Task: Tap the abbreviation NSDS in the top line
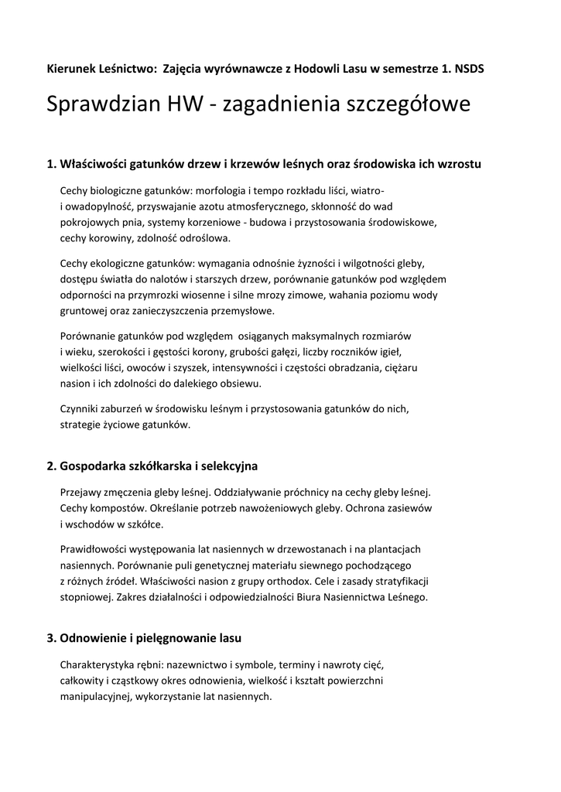(469, 68)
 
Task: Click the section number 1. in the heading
(52, 164)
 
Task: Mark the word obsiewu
(243, 384)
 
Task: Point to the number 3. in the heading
(52, 638)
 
